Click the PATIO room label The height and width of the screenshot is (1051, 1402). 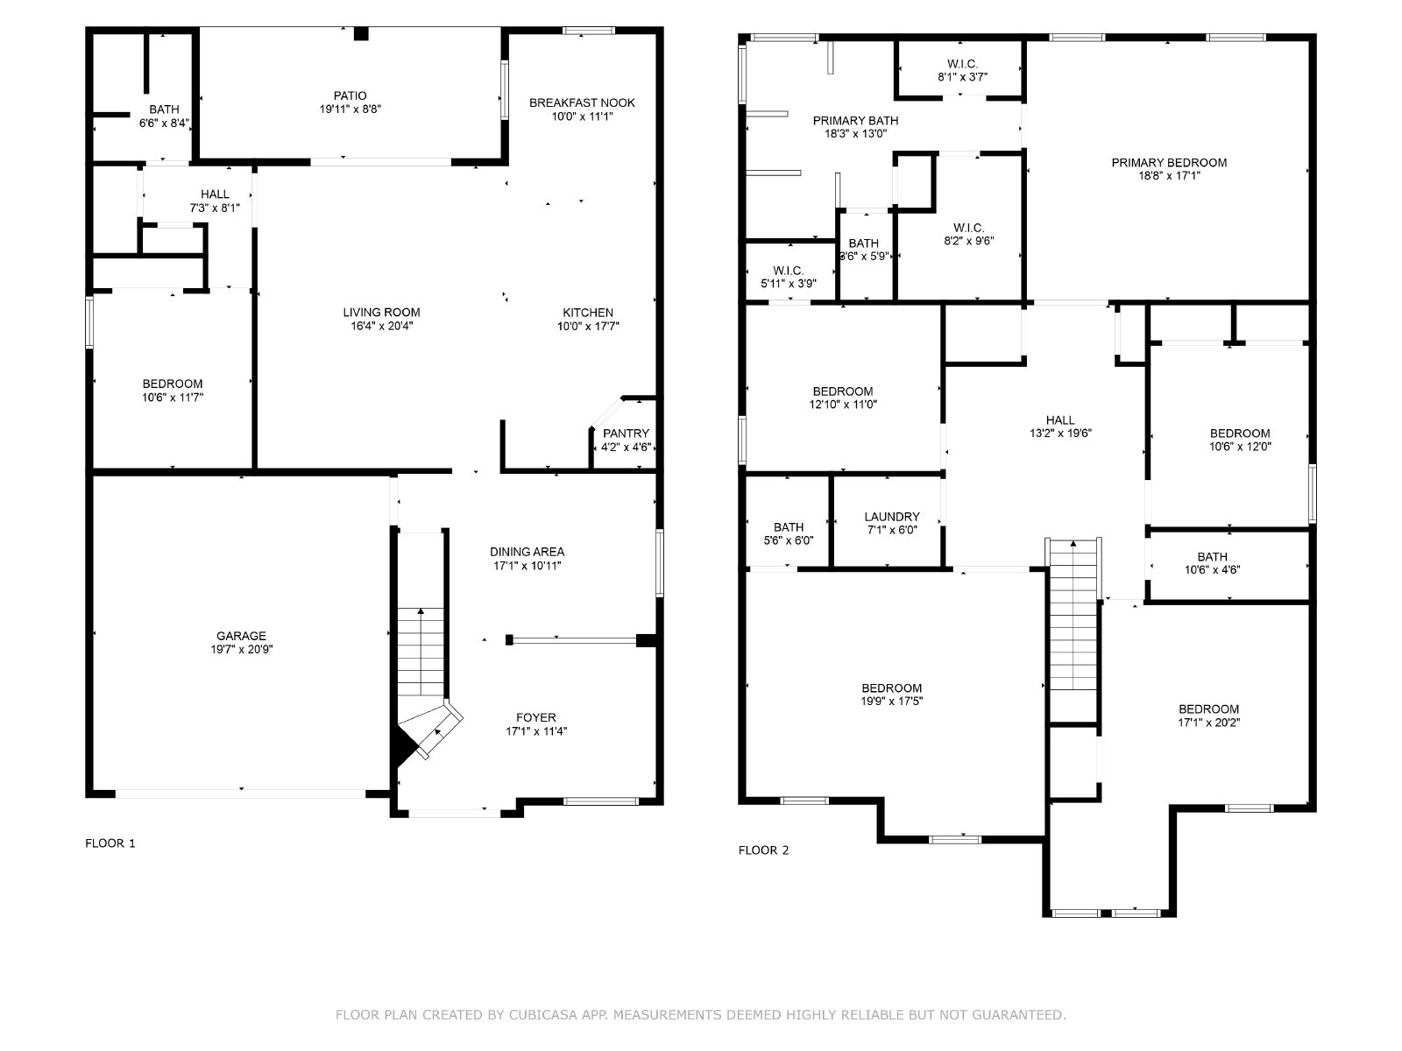click(x=350, y=96)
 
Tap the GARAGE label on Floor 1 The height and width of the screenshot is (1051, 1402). click(x=241, y=636)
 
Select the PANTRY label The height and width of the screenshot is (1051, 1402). click(x=626, y=434)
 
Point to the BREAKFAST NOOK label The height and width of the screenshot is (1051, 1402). click(x=582, y=102)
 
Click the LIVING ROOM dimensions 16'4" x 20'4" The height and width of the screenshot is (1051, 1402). click(x=381, y=326)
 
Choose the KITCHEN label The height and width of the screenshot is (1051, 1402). click(x=588, y=313)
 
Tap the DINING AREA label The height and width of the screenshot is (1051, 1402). click(x=527, y=552)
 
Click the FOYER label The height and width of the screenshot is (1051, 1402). click(x=536, y=718)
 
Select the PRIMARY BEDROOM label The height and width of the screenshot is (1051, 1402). click(x=1169, y=163)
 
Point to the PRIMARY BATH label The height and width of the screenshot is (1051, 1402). click(x=855, y=121)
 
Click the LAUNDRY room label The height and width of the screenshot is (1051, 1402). click(x=892, y=517)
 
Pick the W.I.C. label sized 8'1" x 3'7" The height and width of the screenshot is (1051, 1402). click(x=962, y=64)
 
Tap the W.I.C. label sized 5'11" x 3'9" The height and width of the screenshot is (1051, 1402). click(x=788, y=272)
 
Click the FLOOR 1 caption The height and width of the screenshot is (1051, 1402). click(x=110, y=843)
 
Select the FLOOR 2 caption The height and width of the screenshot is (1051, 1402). click(x=763, y=850)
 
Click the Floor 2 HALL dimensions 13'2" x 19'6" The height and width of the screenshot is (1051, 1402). click(x=1060, y=434)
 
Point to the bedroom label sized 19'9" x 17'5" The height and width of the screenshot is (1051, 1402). click(x=892, y=688)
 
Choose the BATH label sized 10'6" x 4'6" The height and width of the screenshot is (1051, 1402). click(x=1212, y=557)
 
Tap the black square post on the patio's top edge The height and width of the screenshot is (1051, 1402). click(x=362, y=34)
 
